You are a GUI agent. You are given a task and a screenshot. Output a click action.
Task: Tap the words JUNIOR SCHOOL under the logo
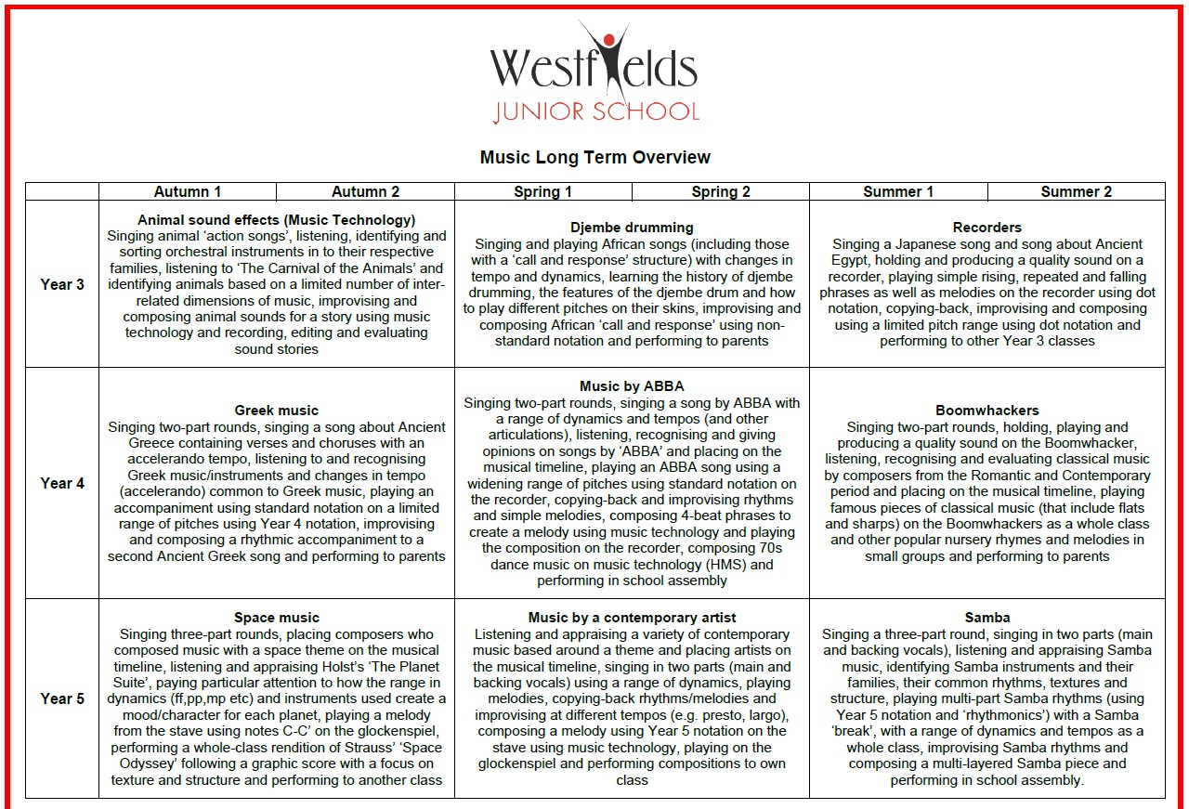point(595,112)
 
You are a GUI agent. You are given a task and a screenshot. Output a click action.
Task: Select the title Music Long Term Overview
point(594,157)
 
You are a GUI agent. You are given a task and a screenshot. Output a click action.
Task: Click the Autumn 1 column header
point(188,191)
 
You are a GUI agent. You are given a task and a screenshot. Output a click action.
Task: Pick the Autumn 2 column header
point(365,191)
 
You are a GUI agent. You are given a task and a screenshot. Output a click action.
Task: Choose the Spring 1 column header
point(542,191)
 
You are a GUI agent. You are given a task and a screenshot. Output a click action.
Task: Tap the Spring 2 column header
point(721,191)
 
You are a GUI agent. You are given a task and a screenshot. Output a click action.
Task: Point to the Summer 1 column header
point(898,191)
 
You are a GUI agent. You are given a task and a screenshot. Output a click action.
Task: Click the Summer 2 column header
point(1076,191)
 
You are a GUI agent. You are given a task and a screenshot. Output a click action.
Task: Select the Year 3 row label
point(62,284)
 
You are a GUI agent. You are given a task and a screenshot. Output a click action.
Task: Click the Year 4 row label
point(62,483)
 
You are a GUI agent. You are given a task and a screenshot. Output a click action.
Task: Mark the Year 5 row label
point(62,698)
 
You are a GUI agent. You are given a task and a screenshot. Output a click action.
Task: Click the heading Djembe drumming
point(632,228)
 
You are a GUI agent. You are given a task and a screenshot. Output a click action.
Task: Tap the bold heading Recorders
point(986,228)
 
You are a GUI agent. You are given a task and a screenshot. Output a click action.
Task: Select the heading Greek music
point(276,411)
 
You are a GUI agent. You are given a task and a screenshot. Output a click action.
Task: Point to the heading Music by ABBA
point(632,386)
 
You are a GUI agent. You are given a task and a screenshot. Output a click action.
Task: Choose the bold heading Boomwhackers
point(986,411)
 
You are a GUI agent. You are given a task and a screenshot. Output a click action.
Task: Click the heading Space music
point(276,618)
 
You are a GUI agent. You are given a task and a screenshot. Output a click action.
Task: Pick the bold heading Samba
point(986,618)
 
